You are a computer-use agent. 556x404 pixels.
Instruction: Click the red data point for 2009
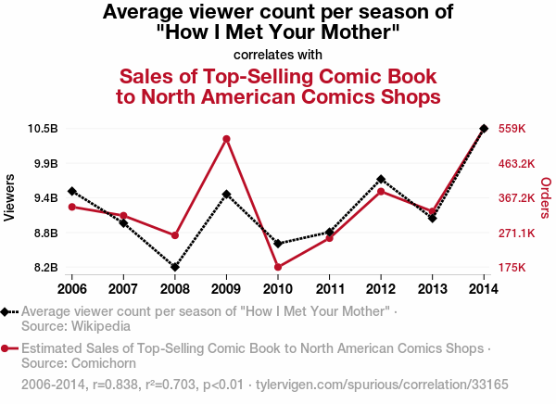click(x=226, y=139)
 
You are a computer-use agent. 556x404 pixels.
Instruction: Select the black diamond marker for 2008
click(x=175, y=267)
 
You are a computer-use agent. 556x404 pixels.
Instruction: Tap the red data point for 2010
click(x=278, y=267)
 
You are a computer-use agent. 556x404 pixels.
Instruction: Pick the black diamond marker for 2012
click(x=381, y=179)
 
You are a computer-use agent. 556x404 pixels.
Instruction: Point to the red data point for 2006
click(x=72, y=207)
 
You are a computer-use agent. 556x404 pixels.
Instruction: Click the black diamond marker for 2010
click(x=278, y=244)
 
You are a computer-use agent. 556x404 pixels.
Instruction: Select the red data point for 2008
click(x=175, y=235)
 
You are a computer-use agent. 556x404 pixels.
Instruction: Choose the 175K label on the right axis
click(x=512, y=268)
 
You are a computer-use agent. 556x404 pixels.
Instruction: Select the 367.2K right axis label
click(x=517, y=197)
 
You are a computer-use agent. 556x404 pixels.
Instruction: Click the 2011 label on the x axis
click(x=330, y=284)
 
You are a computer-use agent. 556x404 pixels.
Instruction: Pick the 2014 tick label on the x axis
click(x=484, y=284)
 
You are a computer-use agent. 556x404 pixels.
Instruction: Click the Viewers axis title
click(x=10, y=197)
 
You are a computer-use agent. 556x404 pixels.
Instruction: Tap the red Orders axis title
click(x=545, y=197)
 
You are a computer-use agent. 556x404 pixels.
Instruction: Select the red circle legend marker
click(x=6, y=349)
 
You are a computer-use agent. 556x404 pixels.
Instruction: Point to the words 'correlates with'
click(x=278, y=53)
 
